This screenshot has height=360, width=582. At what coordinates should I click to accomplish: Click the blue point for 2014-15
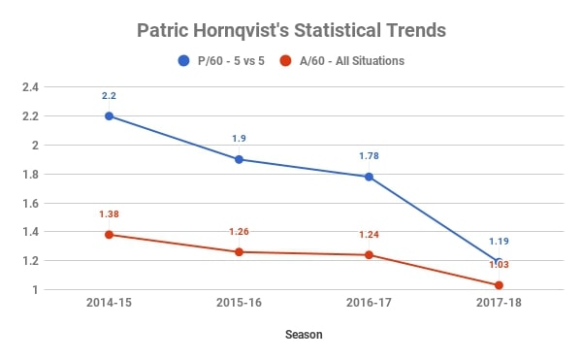point(109,115)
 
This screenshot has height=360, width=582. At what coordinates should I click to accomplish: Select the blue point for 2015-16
point(239,159)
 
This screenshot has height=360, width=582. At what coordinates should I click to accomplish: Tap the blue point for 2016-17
point(369,177)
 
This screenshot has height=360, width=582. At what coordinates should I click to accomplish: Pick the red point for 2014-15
point(109,235)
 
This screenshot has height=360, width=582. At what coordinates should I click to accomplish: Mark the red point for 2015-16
point(239,252)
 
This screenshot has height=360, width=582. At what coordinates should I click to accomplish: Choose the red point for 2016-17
point(369,255)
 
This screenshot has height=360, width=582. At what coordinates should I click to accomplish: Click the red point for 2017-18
point(499,285)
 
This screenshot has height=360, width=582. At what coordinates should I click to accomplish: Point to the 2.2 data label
point(109,96)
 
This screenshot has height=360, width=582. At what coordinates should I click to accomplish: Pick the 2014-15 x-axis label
point(109,304)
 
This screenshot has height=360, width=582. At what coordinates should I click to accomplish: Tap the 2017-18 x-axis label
point(499,304)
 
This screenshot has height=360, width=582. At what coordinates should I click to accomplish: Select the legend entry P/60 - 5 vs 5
point(229,61)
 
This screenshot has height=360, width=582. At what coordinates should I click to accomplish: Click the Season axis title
point(304,335)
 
